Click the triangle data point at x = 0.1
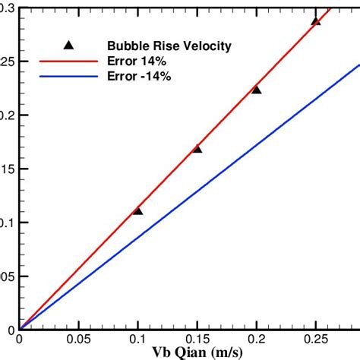(137, 210)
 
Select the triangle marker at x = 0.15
(197, 148)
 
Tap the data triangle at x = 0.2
(257, 90)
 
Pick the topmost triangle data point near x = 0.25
(316, 21)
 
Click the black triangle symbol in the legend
(67, 45)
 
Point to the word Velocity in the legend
(203, 46)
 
